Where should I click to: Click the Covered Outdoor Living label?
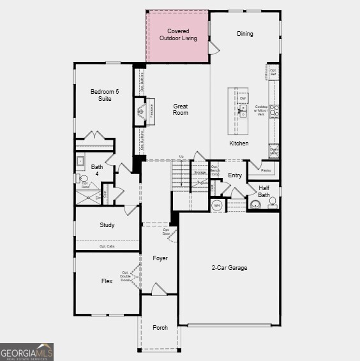tap(178, 34)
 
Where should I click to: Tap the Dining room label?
tap(244, 34)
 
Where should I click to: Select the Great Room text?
tap(181, 109)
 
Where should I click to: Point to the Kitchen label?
tap(239, 144)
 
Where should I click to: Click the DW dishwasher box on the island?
tap(243, 98)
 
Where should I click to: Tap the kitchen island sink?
tap(243, 111)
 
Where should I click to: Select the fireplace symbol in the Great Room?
tap(140, 112)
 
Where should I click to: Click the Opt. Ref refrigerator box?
tap(273, 72)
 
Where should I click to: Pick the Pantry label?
tap(266, 170)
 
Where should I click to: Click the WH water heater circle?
tap(216, 205)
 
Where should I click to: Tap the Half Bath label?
tap(264, 191)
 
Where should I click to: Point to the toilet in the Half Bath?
tap(255, 205)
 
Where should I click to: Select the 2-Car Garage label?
tap(229, 268)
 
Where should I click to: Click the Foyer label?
tap(160, 258)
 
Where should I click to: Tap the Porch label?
tap(160, 327)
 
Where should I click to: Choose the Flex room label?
tap(107, 281)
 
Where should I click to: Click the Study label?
tap(107, 225)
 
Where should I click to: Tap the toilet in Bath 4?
tap(83, 179)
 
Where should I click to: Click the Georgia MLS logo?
tap(27, 352)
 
